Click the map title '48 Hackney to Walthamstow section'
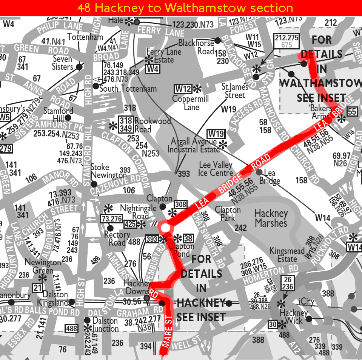coord(185,8)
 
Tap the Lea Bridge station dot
coord(259,172)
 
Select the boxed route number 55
coord(352,111)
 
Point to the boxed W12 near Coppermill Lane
coord(183,89)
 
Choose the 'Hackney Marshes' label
coord(271,218)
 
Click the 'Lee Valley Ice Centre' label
coord(216,169)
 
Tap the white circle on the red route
coord(165,228)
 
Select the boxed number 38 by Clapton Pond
coord(188,238)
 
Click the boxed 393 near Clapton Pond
coord(151,239)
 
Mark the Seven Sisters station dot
coord(79,67)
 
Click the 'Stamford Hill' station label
coord(58,115)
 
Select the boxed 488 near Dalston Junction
coord(71,328)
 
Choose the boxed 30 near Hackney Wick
coord(273,324)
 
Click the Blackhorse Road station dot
coord(217,40)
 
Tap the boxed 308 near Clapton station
coord(181,205)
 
